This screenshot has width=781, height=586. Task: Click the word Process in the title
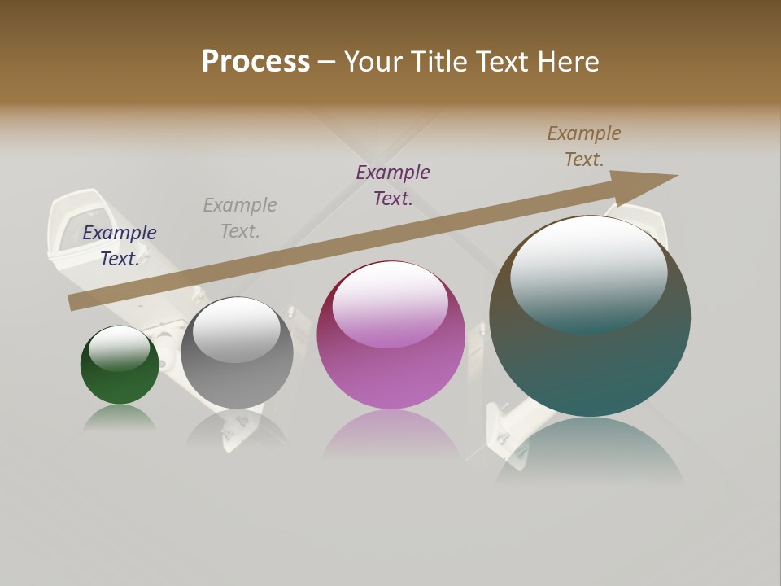tap(255, 62)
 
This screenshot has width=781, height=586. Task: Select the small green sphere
tap(120, 374)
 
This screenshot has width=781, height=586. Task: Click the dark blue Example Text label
tap(120, 245)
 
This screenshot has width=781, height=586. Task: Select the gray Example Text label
tap(240, 217)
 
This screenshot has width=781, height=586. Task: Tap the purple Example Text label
tap(393, 185)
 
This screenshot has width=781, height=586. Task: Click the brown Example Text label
tap(584, 146)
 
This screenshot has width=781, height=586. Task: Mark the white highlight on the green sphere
tap(120, 347)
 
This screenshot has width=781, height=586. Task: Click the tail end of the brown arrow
tap(76, 302)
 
